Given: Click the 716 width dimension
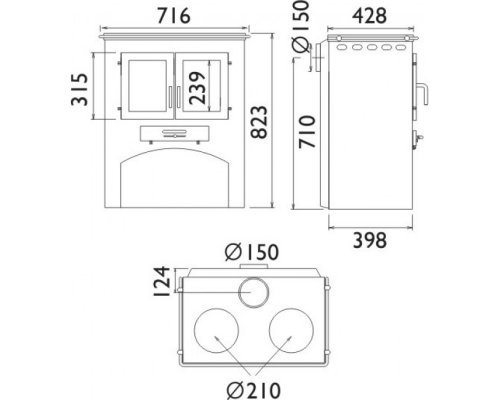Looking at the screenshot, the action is [174, 16].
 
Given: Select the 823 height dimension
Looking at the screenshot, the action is [259, 122].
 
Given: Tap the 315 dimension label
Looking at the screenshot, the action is [80, 89].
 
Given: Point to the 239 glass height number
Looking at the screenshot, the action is [197, 88].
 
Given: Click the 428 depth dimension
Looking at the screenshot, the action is [370, 16].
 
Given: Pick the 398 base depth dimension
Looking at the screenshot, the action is [370, 240].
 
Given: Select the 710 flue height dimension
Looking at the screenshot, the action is [307, 132].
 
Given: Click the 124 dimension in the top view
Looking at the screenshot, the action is [162, 281].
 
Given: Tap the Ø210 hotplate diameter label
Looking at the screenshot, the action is [254, 390].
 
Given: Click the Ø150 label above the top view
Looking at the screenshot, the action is [252, 252].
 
